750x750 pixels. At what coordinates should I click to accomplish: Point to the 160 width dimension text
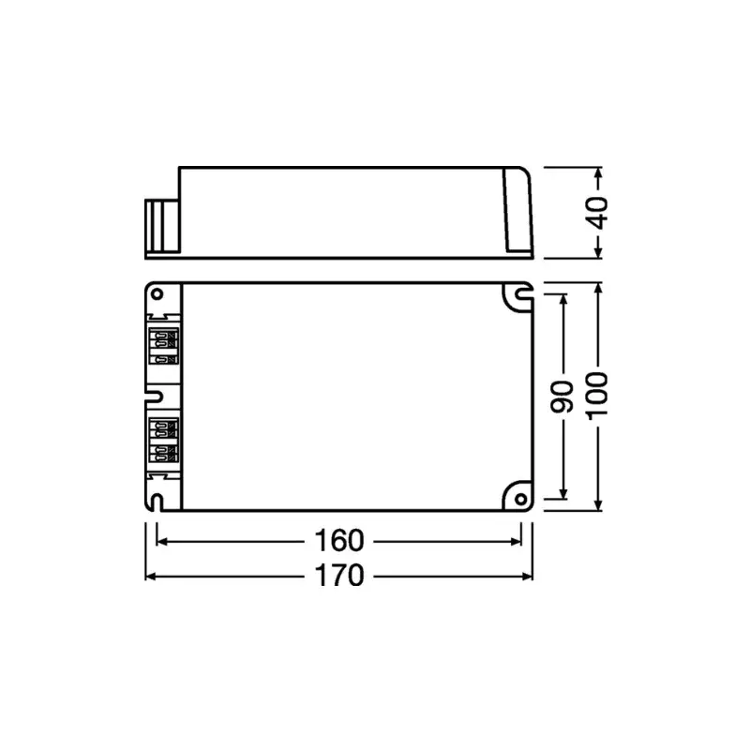pos(338,541)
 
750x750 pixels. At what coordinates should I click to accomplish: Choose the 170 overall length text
pos(338,575)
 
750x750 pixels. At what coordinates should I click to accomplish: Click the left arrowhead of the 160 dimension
pos(160,541)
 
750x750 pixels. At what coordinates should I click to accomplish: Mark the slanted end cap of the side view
pos(518,211)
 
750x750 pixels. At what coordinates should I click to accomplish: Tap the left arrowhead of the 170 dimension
pos(149,575)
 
